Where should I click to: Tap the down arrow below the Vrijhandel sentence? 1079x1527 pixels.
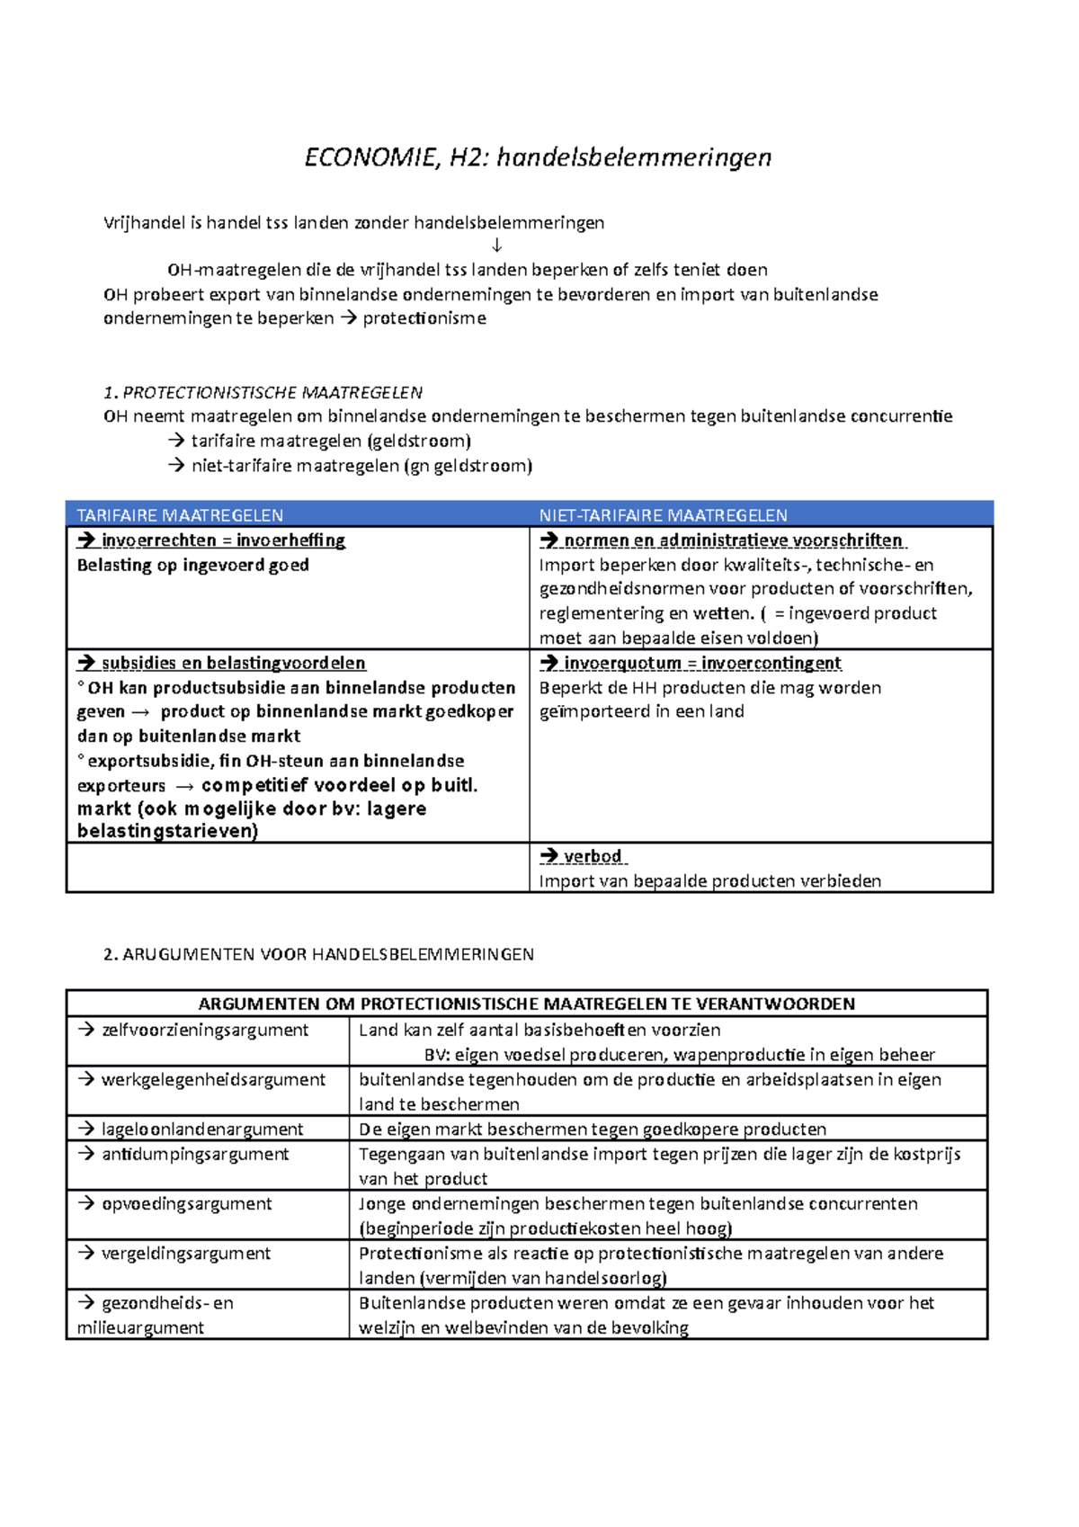[x=496, y=246]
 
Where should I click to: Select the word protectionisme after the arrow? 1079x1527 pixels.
[x=424, y=318]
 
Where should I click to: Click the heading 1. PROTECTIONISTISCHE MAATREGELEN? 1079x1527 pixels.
[x=263, y=392]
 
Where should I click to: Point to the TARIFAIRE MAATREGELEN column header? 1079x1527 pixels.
[x=180, y=515]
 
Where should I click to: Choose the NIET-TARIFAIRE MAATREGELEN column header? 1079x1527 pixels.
[x=663, y=515]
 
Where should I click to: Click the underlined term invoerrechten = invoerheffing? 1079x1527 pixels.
[x=223, y=540]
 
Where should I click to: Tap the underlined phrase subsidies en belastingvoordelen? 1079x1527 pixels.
[x=233, y=664]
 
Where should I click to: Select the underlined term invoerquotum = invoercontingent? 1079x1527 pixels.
[x=702, y=664]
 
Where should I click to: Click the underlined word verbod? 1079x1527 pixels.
[x=593, y=857]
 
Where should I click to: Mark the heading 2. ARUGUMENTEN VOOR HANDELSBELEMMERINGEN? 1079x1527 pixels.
[x=318, y=955]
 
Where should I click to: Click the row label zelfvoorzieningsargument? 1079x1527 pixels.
[x=204, y=1031]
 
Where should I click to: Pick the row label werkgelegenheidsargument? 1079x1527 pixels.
[x=213, y=1080]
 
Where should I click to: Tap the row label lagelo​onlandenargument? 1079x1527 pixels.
[x=202, y=1130]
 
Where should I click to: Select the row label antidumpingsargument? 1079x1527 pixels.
[x=195, y=1155]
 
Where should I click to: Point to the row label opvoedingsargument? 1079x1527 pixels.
[x=186, y=1204]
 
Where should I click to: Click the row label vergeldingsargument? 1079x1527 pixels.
[x=185, y=1254]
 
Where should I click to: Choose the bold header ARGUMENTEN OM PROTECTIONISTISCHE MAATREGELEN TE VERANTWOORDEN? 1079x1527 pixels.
[x=526, y=1005]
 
